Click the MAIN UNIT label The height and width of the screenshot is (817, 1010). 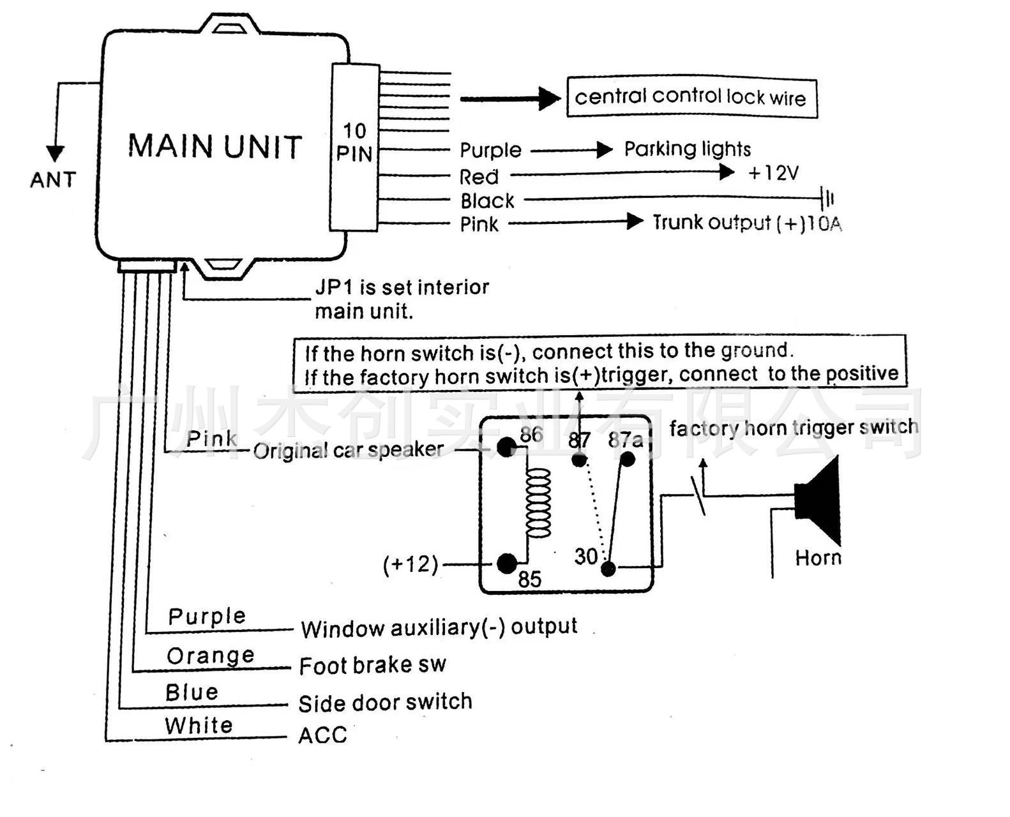[215, 146]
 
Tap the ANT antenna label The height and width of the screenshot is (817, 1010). [53, 179]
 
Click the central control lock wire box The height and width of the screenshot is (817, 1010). [691, 98]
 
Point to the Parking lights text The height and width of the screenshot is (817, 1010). [687, 149]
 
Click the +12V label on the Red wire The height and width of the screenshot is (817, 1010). [773, 173]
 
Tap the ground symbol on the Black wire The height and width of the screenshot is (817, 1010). [828, 199]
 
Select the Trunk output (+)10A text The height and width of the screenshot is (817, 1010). [747, 223]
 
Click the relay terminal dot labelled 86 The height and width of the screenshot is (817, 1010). [506, 447]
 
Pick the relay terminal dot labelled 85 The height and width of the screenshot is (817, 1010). [507, 564]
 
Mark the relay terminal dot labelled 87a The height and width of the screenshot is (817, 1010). [628, 459]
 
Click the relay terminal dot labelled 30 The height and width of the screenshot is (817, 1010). [608, 568]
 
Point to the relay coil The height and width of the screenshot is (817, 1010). [538, 504]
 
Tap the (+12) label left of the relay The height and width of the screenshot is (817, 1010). [411, 565]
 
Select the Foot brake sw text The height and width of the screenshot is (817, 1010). [372, 666]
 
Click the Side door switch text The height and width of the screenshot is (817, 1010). [385, 703]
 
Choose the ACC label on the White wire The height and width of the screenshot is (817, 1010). [322, 735]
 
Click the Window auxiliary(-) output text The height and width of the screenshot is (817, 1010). [439, 628]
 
